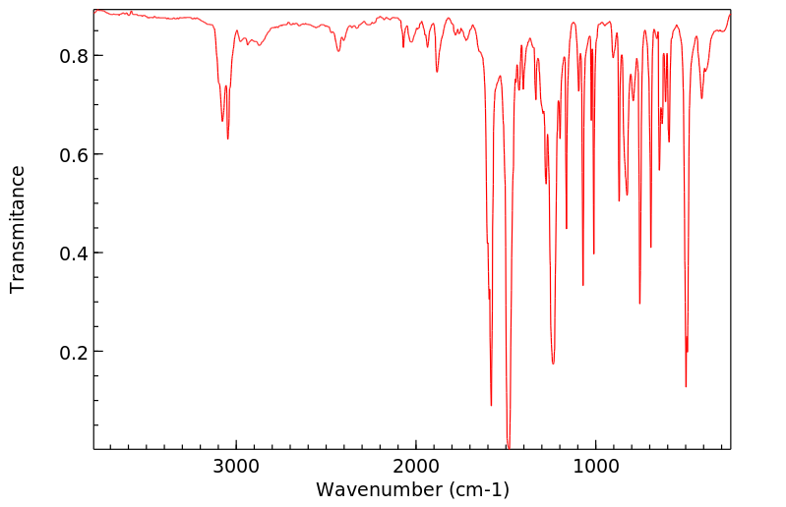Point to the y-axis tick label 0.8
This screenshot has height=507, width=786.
pos(73,56)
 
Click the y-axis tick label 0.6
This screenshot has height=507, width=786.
pos(73,155)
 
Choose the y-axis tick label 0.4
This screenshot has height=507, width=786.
pos(73,253)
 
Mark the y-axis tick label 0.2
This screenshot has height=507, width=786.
pos(73,352)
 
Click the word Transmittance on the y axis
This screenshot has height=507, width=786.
pos(18,229)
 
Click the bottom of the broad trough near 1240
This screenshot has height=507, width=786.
pos(553,364)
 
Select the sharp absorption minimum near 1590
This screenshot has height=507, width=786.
pos(491,405)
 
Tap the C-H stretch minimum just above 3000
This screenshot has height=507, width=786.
pos(228,139)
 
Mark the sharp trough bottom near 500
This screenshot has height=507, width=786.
pos(686,386)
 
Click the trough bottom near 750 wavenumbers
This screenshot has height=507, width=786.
pos(639,303)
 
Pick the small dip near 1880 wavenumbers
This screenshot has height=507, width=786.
pos(438,72)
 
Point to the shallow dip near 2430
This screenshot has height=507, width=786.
pos(338,51)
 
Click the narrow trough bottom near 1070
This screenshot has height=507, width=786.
pos(583,285)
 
